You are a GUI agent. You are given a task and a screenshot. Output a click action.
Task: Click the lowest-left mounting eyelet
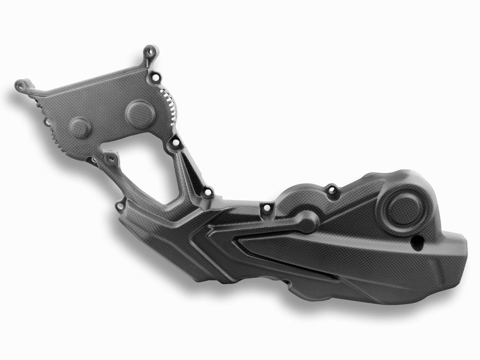coord(121,204)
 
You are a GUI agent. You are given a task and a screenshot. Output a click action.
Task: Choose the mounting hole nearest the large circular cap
coord(331,191)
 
